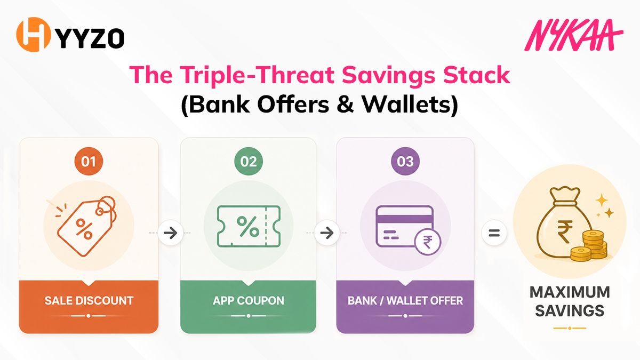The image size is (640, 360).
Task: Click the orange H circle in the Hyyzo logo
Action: click(34, 35)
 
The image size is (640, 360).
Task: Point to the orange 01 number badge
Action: click(89, 162)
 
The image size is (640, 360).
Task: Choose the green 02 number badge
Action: click(249, 162)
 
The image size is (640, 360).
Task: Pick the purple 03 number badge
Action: click(405, 162)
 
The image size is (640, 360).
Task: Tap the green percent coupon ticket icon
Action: click(249, 226)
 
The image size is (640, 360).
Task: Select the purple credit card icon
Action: click(404, 226)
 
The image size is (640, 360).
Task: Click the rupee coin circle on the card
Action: click(428, 242)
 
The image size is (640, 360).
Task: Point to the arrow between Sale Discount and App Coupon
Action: click(171, 233)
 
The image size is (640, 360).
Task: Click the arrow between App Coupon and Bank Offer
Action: click(327, 233)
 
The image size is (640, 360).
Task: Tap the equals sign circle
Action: click(494, 233)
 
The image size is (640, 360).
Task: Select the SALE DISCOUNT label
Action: click(89, 301)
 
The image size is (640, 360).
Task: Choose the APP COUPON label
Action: click(249, 301)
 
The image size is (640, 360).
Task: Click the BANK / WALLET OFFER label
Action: click(405, 301)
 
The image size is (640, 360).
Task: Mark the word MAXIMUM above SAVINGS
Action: click(570, 292)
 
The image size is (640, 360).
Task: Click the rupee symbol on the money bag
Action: click(562, 231)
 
